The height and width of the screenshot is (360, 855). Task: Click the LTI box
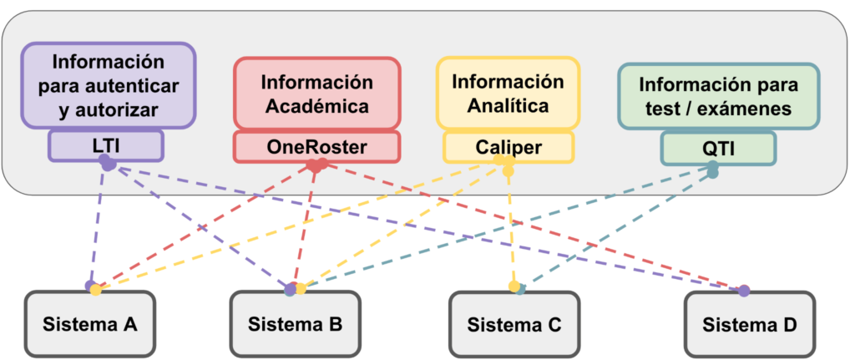105,145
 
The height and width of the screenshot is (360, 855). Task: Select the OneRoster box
316,147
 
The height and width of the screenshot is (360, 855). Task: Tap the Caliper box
508,147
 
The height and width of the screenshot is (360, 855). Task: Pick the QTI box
718,149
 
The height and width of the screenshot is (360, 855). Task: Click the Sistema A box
90,323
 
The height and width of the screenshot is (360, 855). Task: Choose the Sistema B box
295,323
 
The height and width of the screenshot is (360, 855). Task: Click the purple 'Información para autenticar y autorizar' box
108,85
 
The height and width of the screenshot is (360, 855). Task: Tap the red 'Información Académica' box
316,94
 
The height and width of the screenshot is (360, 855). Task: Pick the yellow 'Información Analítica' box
508,94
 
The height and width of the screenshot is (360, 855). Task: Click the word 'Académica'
316,106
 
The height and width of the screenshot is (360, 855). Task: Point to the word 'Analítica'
508,106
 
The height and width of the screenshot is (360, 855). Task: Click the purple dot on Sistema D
743,291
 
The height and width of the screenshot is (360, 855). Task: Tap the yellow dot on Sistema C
514,286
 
